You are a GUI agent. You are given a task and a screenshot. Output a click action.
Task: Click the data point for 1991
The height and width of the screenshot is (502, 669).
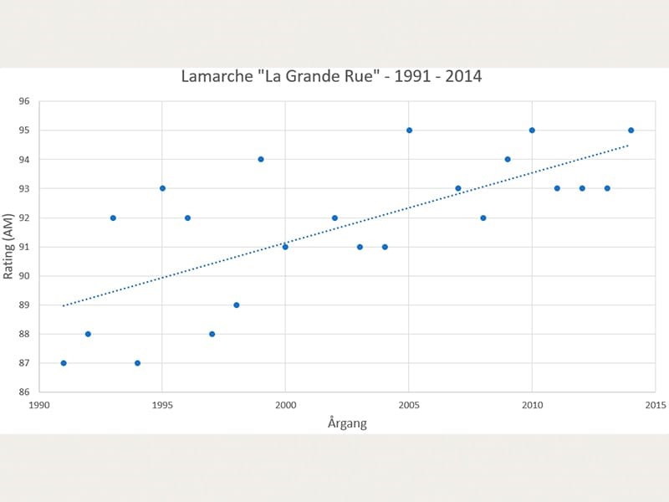64,363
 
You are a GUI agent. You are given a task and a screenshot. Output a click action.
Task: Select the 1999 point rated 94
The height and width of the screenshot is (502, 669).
261,159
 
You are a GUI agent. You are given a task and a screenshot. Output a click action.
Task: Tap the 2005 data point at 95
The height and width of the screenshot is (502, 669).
409,130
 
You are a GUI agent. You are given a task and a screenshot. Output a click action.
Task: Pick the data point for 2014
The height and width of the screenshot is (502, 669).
631,130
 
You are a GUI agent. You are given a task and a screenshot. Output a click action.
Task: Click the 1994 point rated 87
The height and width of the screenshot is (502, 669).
137,363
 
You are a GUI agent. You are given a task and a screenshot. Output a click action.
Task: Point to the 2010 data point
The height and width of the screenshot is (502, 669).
532,130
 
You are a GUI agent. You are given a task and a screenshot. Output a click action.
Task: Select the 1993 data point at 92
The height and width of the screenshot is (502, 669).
113,218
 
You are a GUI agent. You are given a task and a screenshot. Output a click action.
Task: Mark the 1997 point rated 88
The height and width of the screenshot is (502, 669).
212,334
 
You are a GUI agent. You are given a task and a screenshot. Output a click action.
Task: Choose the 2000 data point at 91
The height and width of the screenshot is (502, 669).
285,247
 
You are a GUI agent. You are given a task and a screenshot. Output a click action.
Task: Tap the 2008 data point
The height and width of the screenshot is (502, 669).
483,218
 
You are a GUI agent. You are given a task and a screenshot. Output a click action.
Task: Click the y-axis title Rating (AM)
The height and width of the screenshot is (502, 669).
9,248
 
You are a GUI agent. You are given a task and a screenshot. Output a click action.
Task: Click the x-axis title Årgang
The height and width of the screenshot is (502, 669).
347,423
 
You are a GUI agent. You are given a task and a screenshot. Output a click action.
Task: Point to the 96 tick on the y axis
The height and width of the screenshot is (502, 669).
23,101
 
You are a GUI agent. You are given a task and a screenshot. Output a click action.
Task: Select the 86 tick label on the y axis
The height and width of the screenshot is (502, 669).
23,392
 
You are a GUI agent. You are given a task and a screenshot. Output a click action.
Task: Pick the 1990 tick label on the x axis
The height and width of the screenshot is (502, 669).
39,406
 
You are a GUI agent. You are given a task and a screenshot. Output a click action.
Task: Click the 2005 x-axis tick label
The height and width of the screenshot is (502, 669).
409,406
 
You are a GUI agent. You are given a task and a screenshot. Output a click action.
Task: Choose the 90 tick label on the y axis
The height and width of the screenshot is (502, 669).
23,276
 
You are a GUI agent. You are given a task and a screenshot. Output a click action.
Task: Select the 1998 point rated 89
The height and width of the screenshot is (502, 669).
236,305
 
